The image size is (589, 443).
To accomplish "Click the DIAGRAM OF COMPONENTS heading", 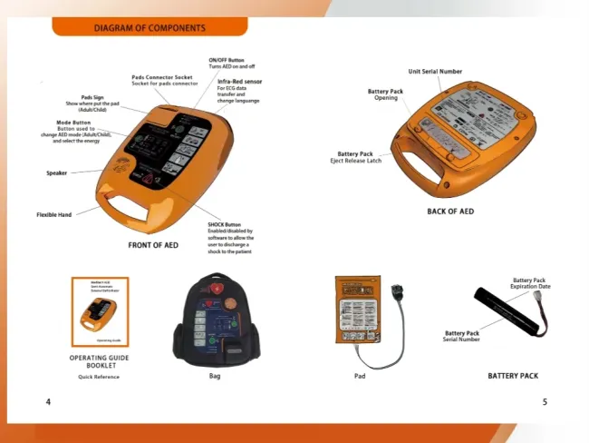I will pos(150,28).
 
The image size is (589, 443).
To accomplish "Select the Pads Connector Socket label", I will pos(162,78).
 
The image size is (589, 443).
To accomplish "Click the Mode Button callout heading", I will pos(73,122).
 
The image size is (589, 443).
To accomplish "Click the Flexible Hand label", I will pos(53,215).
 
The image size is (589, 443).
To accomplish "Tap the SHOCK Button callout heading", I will pos(225,224).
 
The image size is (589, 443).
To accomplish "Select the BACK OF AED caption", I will pos(450,212).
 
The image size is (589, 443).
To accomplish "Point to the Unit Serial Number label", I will pos(435,71).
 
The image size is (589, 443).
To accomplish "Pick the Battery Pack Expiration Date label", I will pos(530,283).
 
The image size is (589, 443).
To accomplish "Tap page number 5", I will pos(545,401).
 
